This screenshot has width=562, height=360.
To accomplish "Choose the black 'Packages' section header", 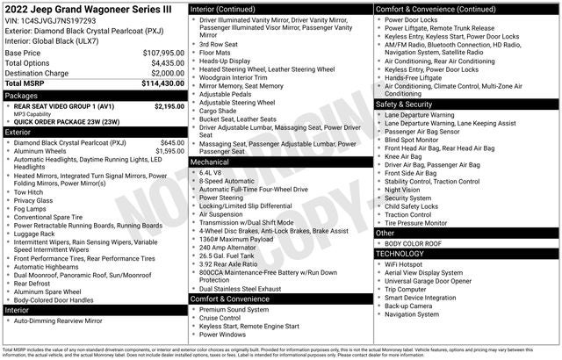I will click(x=95, y=95).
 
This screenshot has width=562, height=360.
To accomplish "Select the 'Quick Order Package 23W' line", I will click(x=67, y=123).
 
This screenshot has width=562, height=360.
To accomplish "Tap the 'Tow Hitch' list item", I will click(x=28, y=191).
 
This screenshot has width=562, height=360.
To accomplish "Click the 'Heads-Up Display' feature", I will click(x=224, y=61).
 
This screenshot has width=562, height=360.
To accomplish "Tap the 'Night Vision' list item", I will click(x=402, y=189).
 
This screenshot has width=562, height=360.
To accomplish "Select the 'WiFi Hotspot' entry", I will click(x=403, y=264).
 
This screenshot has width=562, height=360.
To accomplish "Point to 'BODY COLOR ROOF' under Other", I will click(x=413, y=243).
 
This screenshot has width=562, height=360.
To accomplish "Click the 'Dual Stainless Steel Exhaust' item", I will click(x=240, y=288).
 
